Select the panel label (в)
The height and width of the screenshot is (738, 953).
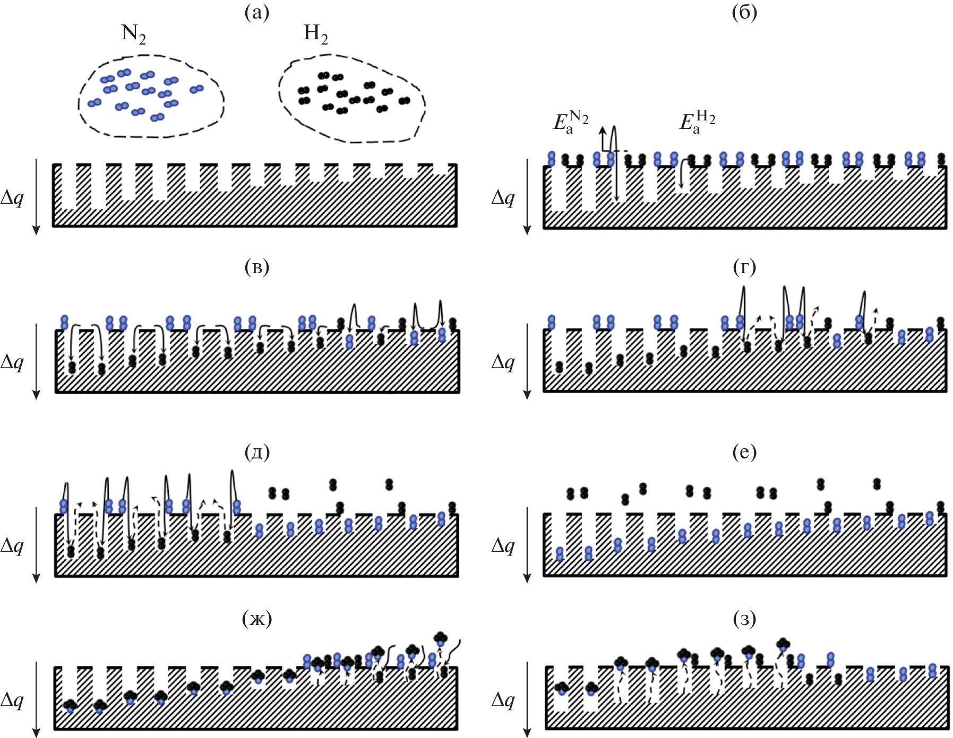click(x=256, y=267)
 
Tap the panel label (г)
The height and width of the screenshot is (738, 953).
click(x=744, y=267)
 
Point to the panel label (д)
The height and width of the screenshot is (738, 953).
click(x=257, y=452)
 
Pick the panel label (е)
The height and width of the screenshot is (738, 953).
click(x=744, y=452)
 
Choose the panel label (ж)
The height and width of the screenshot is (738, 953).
click(x=257, y=619)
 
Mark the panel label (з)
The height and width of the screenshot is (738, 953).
click(x=744, y=619)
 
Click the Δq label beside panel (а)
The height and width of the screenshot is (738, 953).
click(x=12, y=198)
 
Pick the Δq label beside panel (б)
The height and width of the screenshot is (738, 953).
click(x=503, y=198)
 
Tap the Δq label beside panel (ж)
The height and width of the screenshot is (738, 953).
click(x=12, y=700)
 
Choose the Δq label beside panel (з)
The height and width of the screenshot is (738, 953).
click(x=503, y=700)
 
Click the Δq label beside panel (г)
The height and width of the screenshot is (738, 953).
click(x=503, y=362)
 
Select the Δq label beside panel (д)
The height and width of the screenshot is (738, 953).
click(x=12, y=545)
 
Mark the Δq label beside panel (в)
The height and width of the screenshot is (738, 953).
click(x=12, y=362)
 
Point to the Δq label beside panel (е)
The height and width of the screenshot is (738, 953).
click(x=503, y=545)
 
